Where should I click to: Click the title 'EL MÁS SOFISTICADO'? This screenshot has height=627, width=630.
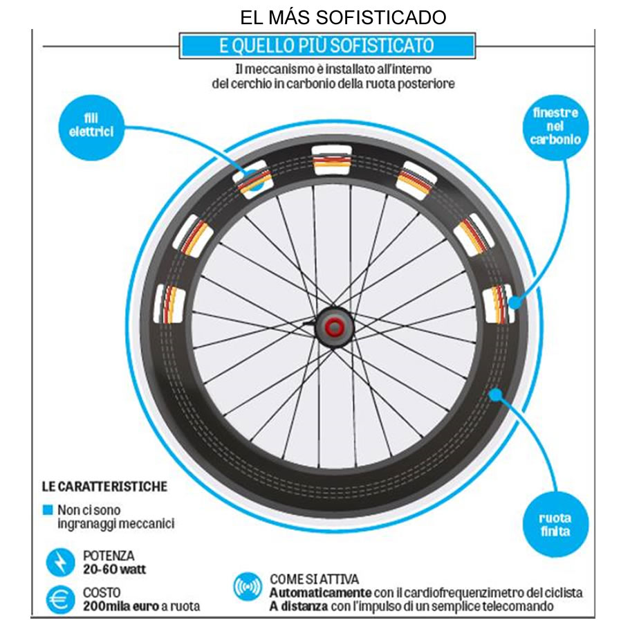(343, 17)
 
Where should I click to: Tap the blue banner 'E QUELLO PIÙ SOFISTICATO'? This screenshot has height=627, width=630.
(327, 46)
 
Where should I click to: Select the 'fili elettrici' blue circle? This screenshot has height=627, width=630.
(91, 128)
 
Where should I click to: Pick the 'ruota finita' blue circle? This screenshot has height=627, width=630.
(555, 525)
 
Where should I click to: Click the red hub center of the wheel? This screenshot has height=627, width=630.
(334, 327)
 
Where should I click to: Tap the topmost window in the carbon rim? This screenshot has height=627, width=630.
(332, 161)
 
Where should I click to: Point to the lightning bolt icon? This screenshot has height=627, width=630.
(60, 562)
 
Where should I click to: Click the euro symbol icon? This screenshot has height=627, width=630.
(60, 599)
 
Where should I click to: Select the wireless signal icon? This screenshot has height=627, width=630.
(248, 587)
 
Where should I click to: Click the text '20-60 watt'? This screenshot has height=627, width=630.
(115, 570)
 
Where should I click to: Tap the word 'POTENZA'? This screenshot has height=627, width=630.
(109, 556)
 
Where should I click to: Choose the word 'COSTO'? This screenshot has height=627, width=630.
(102, 592)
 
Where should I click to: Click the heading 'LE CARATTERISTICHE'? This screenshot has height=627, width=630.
(104, 487)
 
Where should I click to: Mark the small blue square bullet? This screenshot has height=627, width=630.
(48, 510)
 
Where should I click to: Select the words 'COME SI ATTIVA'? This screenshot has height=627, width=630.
(314, 579)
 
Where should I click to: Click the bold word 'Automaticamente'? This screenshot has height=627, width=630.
(321, 593)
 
